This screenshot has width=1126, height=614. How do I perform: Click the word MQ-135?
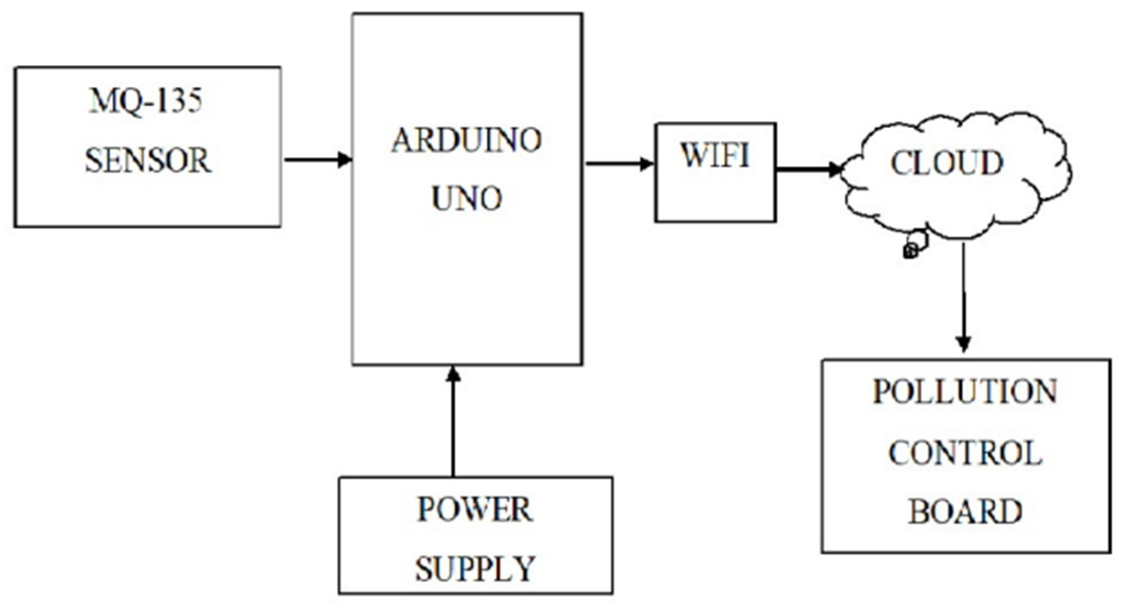(146, 101)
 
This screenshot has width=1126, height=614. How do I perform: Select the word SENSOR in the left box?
(147, 160)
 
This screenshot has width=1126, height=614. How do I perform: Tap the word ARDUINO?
(467, 140)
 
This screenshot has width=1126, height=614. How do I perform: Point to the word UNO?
(467, 198)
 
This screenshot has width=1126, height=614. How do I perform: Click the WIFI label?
(715, 156)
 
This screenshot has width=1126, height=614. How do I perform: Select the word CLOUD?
(947, 163)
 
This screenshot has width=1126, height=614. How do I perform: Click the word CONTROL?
(965, 453)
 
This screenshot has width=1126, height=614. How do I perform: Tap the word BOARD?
(965, 511)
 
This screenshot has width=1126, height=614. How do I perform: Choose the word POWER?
(475, 510)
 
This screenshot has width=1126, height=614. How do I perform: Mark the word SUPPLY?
(475, 568)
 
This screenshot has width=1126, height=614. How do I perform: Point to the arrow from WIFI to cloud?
(808, 169)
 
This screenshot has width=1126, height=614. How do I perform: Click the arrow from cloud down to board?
(964, 296)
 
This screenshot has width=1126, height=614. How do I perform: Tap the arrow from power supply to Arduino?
(453, 422)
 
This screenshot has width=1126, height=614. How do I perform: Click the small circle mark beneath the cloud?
(910, 252)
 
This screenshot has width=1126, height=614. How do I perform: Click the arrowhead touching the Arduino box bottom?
(453, 374)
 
